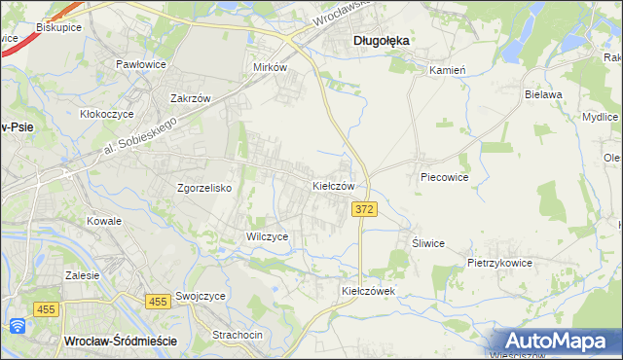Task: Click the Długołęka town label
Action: tap(380, 41)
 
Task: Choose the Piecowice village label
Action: tap(445, 178)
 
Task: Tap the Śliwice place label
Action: tap(427, 243)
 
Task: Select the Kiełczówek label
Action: tap(366, 290)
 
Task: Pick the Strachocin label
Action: tap(238, 335)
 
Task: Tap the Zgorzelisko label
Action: tap(203, 189)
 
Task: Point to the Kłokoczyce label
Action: tap(106, 113)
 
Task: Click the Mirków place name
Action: tap(270, 68)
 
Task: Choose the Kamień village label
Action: tap(448, 70)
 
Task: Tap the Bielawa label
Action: tap(544, 94)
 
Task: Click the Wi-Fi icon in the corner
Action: tap(17, 326)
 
